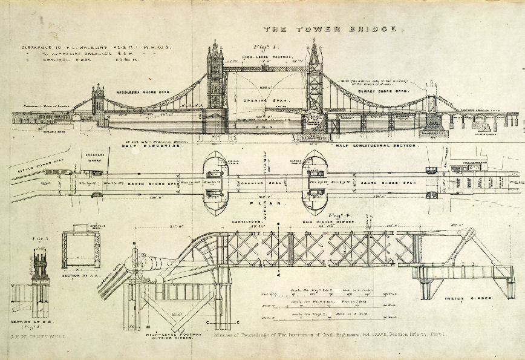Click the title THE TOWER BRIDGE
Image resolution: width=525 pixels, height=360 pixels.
(330, 28)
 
